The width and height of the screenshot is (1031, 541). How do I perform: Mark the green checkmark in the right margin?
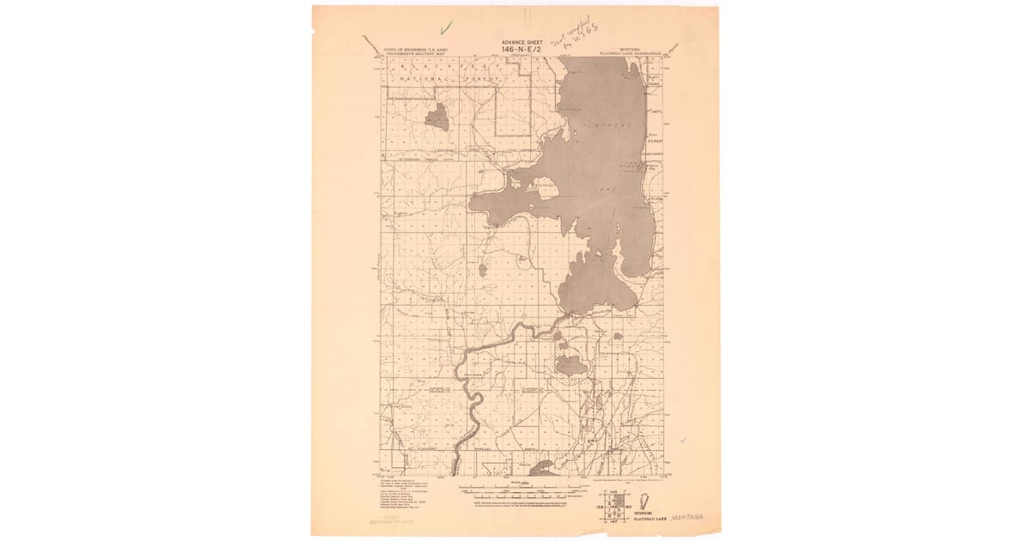click(683, 440)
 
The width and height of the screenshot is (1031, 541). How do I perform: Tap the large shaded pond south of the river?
click(571, 368)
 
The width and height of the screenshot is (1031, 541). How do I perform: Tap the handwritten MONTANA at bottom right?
click(687, 517)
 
